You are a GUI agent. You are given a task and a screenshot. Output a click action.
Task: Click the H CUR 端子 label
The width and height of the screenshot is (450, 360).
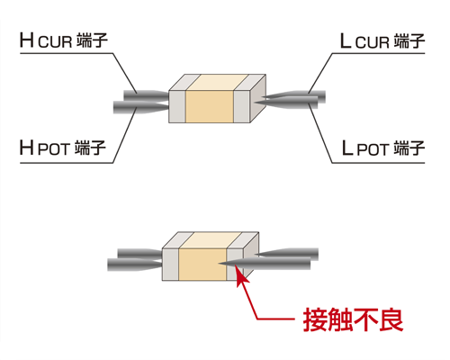(64, 40)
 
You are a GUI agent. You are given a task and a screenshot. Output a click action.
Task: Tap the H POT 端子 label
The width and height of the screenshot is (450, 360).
(63, 148)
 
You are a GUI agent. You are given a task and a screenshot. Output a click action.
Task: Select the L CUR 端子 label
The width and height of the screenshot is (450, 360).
(382, 41)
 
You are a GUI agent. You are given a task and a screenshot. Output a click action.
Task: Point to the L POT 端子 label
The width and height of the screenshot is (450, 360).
(383, 148)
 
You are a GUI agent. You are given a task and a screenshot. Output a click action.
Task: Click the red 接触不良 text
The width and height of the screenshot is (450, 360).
(353, 319)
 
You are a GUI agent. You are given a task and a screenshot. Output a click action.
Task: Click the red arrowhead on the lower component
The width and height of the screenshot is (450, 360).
(242, 276)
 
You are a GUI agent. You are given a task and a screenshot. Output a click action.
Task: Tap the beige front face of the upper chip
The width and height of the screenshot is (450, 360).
(210, 106)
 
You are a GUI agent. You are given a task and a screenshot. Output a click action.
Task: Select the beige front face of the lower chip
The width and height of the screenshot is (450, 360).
(202, 265)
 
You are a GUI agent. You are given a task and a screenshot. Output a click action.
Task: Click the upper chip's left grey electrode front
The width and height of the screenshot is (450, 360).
(177, 106)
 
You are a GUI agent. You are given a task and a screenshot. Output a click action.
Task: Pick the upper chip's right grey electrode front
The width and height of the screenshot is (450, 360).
(242, 106)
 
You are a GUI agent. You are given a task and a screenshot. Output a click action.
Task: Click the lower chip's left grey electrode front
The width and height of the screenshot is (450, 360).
(170, 265)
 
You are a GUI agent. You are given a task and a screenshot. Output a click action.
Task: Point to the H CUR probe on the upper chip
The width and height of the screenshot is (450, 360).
(147, 95)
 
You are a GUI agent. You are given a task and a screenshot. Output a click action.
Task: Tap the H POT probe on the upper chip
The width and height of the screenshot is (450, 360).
(141, 107)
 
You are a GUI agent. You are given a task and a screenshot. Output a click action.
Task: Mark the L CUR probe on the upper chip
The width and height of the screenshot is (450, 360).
(293, 96)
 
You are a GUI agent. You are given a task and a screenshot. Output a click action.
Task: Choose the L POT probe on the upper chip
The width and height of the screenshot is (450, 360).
(286, 102)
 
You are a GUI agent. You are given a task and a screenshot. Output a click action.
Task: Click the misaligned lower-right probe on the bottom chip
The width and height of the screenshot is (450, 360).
(265, 263)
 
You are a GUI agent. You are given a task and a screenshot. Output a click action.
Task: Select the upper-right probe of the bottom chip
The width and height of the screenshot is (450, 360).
(286, 254)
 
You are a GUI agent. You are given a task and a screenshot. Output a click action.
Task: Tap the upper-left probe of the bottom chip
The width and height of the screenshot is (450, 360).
(139, 254)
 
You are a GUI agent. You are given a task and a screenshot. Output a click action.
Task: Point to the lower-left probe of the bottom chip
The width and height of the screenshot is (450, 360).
(135, 265)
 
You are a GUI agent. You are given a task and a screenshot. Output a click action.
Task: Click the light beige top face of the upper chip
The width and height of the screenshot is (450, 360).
(217, 82)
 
